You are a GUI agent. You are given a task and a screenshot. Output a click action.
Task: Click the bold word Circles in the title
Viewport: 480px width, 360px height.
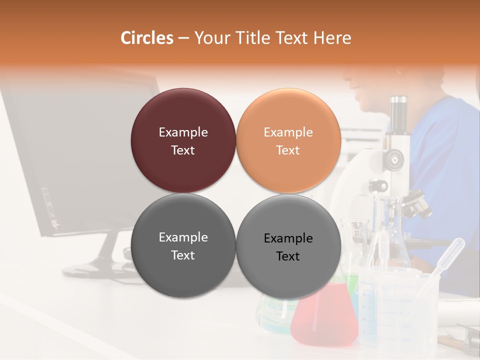(x=147, y=38)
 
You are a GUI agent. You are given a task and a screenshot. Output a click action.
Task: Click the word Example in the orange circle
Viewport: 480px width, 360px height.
(x=288, y=132)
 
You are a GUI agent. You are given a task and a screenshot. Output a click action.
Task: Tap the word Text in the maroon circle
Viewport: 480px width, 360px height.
(x=183, y=150)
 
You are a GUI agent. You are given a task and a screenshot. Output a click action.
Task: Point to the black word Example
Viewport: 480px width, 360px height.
(x=288, y=238)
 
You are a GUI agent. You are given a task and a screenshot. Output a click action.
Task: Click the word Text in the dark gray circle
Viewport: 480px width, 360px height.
(x=183, y=255)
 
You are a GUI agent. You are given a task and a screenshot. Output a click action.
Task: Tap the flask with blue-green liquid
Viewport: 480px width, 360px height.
(x=272, y=312)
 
